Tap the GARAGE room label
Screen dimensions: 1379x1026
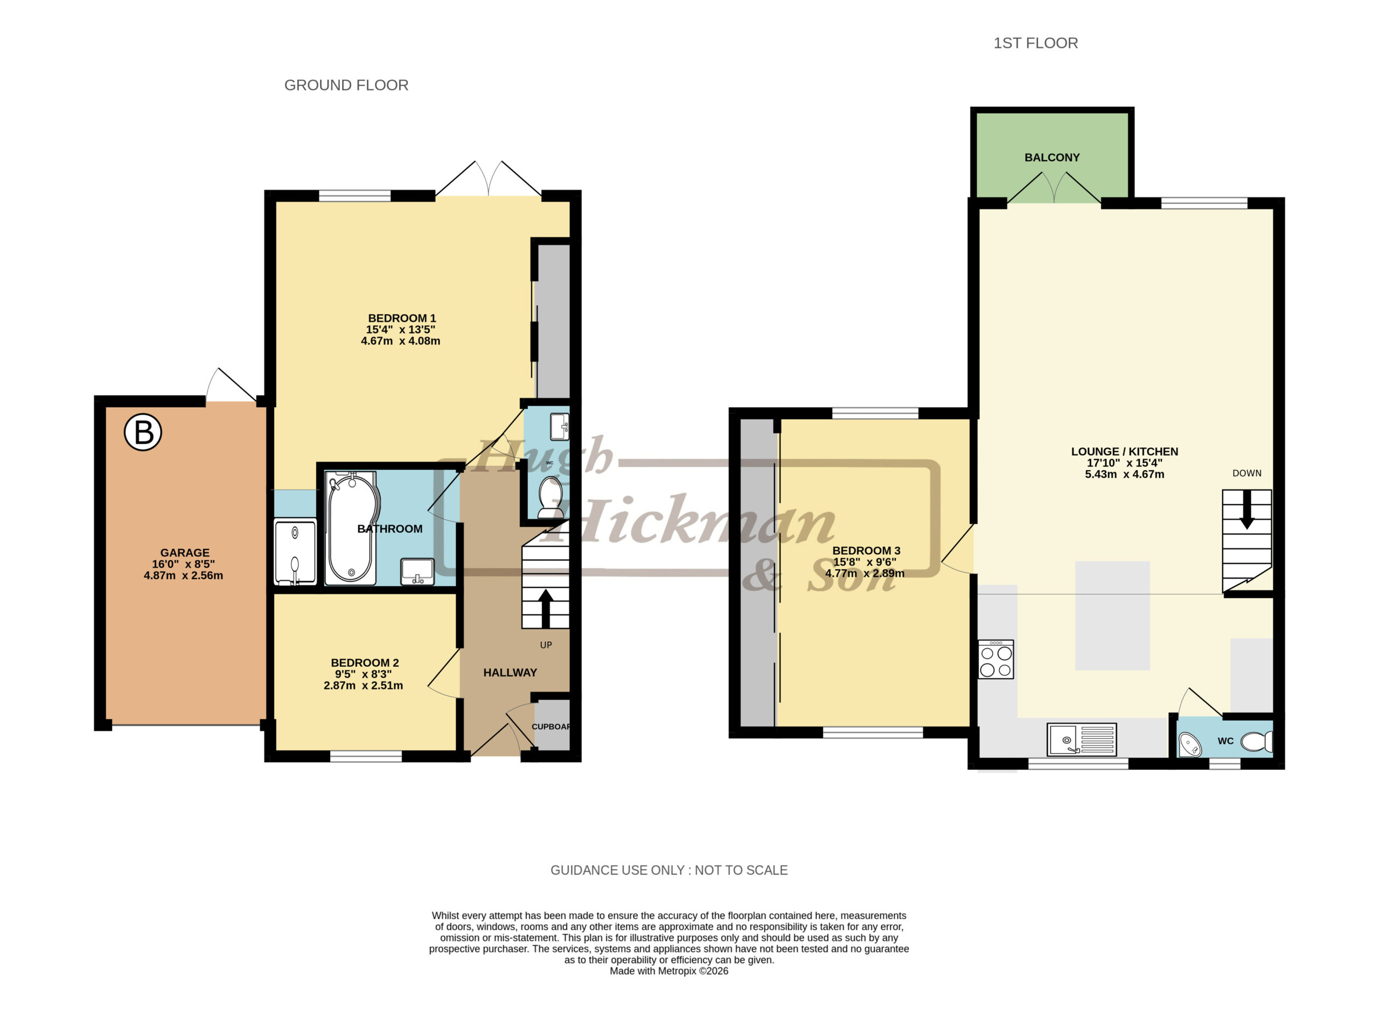pos(184,553)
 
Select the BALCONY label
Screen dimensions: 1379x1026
pos(1051,158)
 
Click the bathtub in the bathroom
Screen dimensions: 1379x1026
pos(351,527)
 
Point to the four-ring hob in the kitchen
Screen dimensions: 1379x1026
pos(996,659)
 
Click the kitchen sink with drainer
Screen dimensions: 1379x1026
pos(1082,739)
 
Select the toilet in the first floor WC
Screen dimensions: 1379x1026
pos(1257,742)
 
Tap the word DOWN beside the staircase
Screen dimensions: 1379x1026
pos(1246,473)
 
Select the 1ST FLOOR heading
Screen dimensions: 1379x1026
pos(1035,43)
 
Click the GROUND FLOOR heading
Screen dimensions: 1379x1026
pos(346,85)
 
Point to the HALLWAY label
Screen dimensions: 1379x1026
pos(510,673)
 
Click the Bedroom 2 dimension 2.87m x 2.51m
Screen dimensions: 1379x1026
pos(364,686)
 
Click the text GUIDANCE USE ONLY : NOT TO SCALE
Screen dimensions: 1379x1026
pos(669,870)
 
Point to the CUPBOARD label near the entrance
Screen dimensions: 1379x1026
pos(551,727)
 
